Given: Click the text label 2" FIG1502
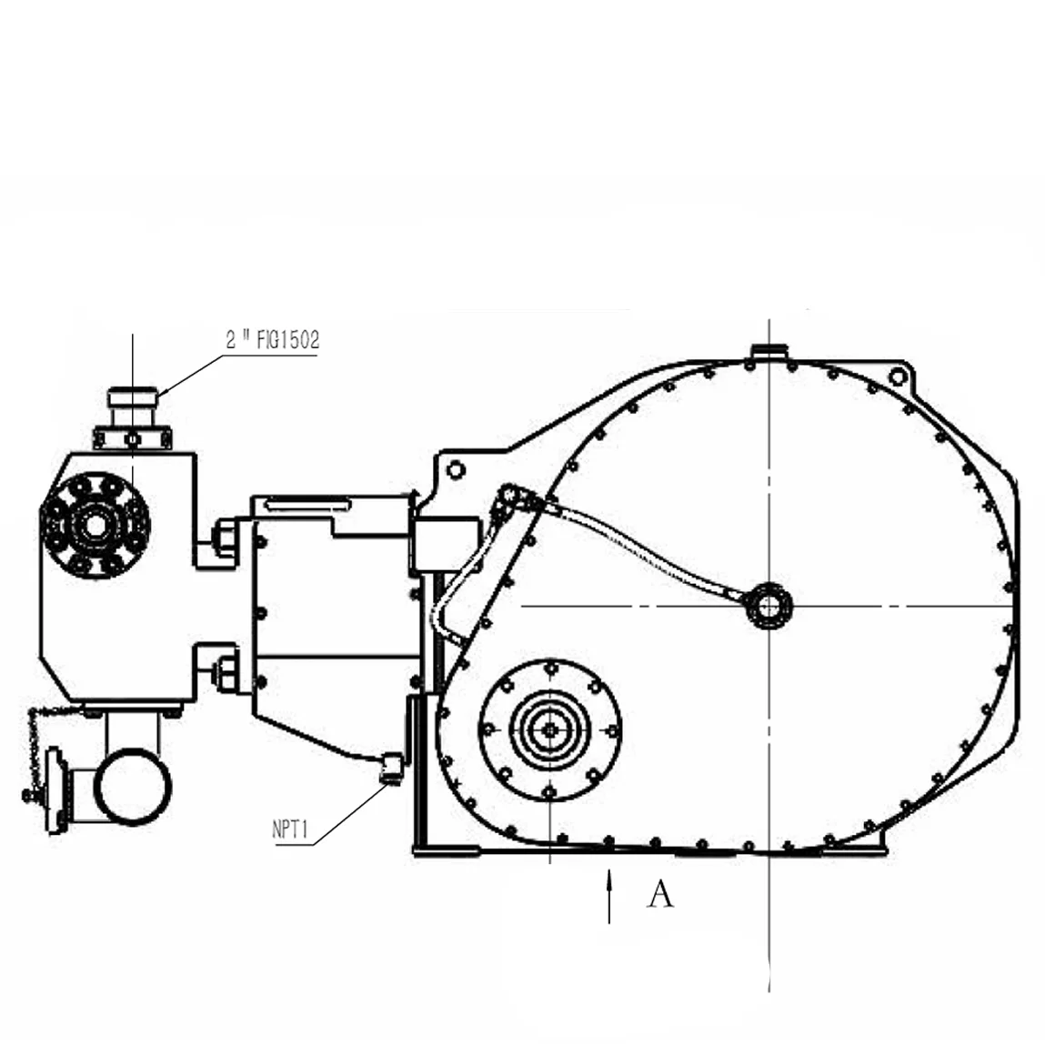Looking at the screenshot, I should (273, 340).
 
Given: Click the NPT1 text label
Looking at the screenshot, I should (291, 829).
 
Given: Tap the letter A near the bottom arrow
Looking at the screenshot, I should (661, 895).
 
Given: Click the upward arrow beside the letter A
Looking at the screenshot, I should (609, 896).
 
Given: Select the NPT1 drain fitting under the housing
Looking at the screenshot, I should (391, 769).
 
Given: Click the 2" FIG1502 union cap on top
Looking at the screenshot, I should (133, 397).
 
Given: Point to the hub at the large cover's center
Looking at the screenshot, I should (769, 606).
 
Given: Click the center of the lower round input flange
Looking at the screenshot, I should (550, 728).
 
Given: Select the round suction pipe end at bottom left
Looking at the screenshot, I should (133, 787).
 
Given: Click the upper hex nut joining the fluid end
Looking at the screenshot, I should (225, 538).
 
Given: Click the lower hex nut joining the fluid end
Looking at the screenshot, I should (225, 674).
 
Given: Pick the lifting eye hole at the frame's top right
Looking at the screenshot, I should (898, 377).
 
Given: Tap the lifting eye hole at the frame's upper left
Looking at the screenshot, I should (456, 470).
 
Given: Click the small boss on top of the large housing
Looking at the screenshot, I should (769, 351).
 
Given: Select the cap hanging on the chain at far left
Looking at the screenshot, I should (55, 788).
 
